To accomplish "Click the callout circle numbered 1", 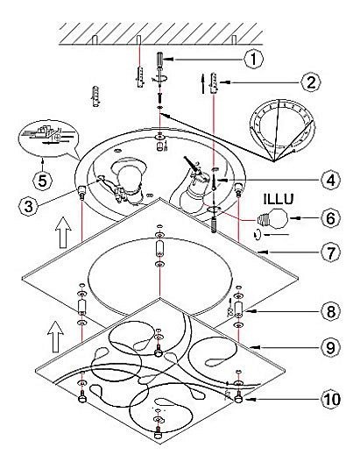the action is [253, 59].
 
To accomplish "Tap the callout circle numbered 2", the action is [311, 82].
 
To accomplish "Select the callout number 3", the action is [28, 206].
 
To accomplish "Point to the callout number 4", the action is [330, 181].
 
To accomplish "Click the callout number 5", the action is [42, 181].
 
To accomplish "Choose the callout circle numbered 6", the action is [330, 218].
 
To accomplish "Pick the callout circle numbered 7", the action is [330, 252].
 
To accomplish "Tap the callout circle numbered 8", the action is [330, 311].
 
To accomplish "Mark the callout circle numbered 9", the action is [330, 347].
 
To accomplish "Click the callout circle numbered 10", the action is [330, 399].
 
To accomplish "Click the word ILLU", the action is [279, 199].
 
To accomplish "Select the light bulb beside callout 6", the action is [272, 219].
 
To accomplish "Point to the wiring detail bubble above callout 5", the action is [48, 139].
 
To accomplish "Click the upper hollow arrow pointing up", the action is [63, 232].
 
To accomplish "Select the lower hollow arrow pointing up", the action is [55, 337].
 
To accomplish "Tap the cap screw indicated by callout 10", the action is [239, 397].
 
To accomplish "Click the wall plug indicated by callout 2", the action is [215, 82].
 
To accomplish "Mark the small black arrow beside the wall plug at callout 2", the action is [203, 84].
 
